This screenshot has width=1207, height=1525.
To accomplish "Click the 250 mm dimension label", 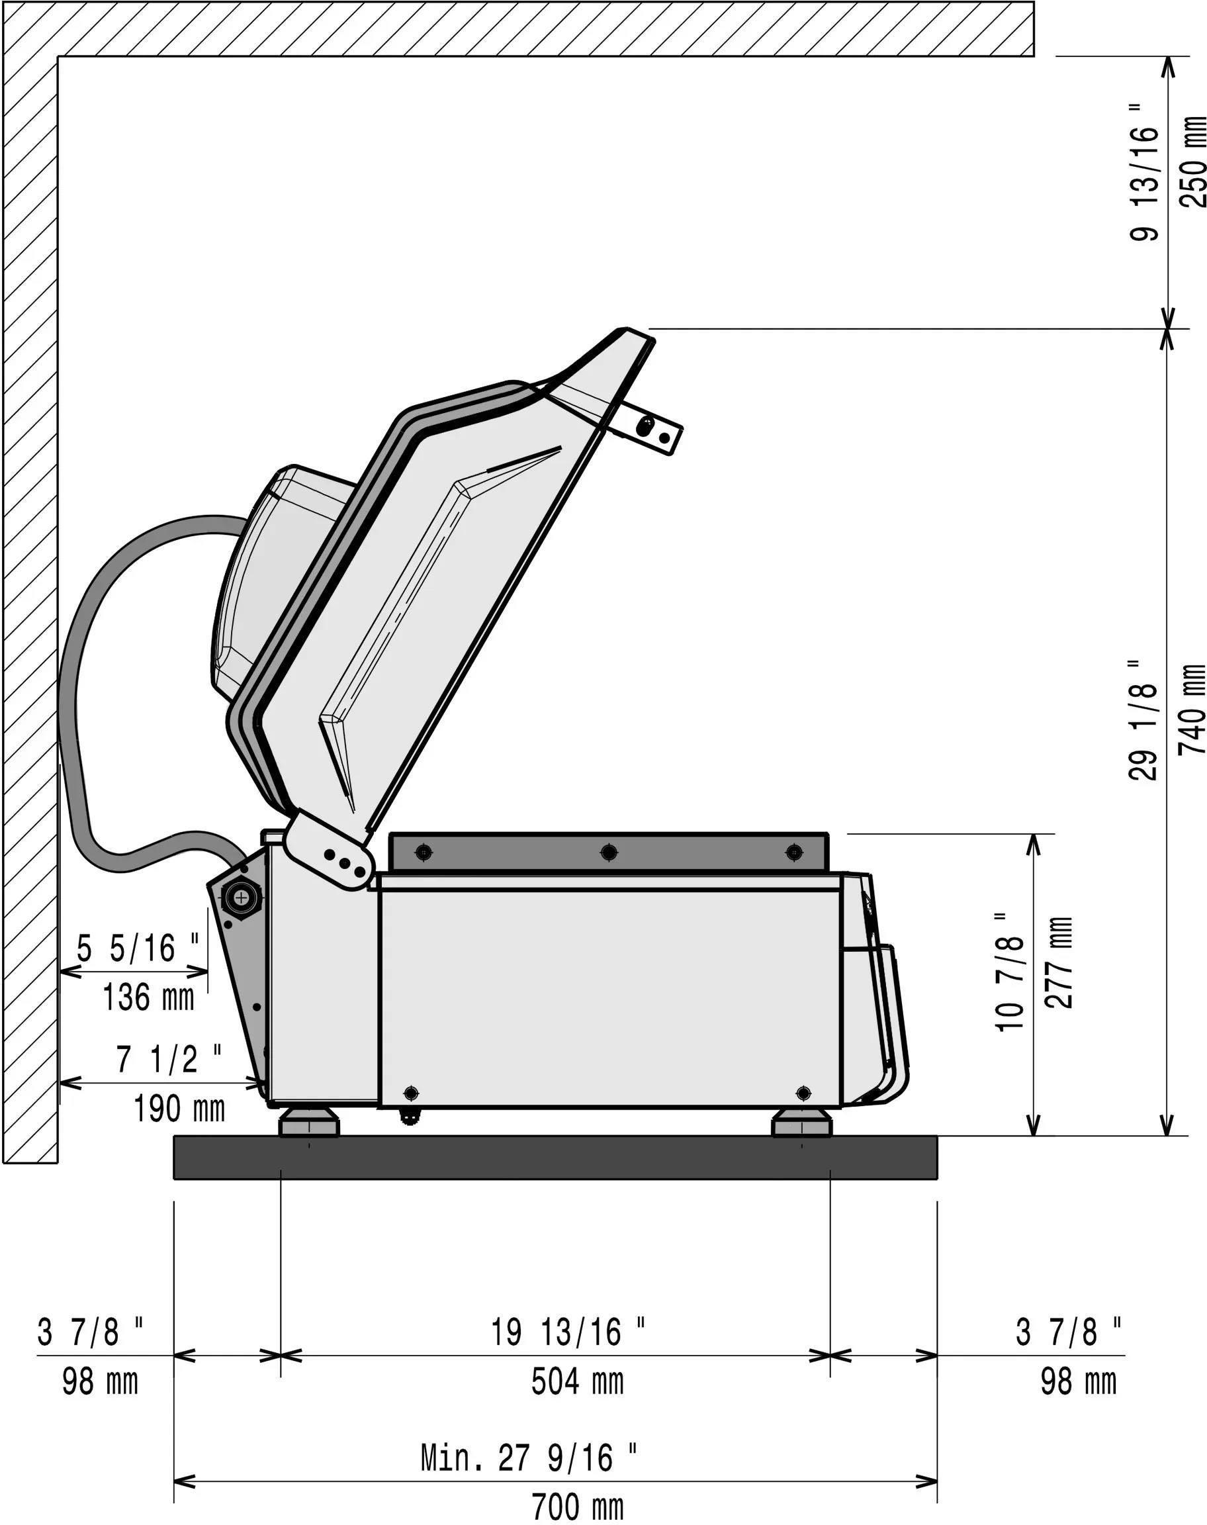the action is [x=1192, y=161].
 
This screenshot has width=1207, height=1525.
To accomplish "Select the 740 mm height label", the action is [x=1192, y=709].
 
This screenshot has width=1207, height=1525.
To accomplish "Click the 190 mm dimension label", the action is [x=179, y=1108].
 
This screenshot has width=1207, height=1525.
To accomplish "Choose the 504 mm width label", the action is [x=577, y=1381].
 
